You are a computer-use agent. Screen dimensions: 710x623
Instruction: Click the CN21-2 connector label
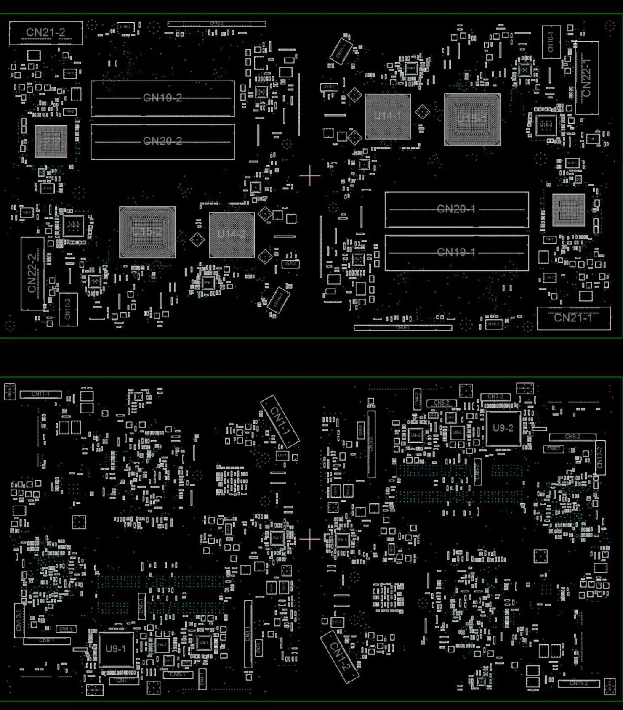point(45,32)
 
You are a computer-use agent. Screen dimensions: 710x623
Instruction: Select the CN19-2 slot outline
point(162,98)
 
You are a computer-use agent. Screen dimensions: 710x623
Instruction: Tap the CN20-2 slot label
point(162,141)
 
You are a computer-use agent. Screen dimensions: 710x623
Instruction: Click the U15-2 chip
point(147,232)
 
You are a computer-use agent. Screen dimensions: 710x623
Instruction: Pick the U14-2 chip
point(232,234)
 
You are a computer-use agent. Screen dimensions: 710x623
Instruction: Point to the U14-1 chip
point(388,116)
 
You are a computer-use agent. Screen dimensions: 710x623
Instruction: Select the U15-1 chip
point(472,119)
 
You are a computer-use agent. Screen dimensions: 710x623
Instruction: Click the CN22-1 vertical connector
point(587,78)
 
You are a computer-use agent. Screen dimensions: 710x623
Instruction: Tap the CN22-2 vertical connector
point(32,274)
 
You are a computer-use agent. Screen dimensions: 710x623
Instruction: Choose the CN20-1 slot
point(456,209)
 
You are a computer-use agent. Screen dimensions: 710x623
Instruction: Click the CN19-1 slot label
point(456,252)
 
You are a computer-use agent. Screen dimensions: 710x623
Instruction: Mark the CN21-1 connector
point(573,318)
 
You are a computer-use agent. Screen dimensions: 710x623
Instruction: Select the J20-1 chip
point(568,209)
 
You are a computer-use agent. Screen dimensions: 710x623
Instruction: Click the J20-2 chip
point(51,141)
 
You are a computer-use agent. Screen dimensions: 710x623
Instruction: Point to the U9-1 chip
point(116,649)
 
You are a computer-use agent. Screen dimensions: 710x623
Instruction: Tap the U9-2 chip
point(503,428)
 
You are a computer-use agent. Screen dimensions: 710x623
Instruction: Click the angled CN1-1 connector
point(280,421)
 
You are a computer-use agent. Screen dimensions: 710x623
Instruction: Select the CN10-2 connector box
point(68,309)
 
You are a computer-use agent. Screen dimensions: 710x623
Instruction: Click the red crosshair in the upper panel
point(310,176)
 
